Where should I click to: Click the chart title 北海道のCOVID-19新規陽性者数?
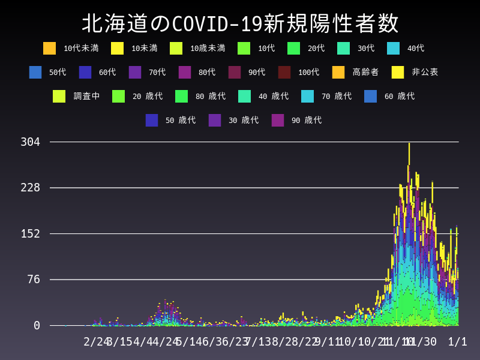point(240,24)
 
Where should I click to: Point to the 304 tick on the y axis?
point(30,142)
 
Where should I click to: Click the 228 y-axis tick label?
point(30,188)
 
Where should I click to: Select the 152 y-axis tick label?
point(30,233)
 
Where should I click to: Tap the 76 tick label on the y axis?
point(34,279)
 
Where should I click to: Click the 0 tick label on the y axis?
point(37,325)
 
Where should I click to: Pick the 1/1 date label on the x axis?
point(457,341)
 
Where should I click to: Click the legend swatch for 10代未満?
point(50,48)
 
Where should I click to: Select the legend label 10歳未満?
point(208,48)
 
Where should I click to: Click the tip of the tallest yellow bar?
point(409,143)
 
